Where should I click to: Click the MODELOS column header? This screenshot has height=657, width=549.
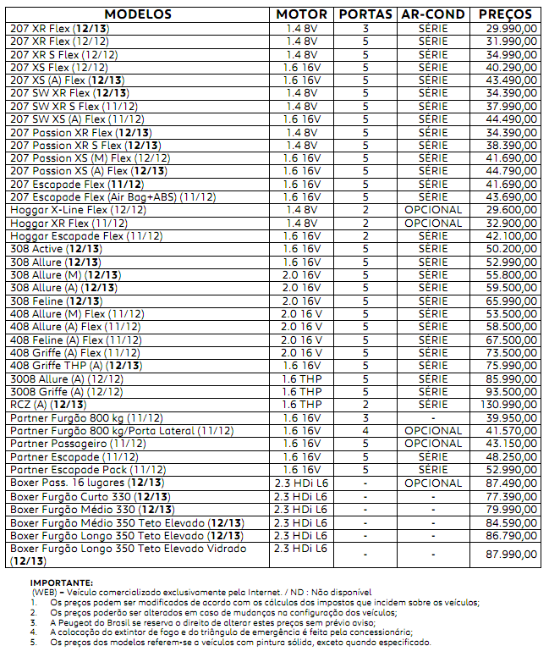coord(140,14)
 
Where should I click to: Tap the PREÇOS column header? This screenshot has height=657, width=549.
coord(505,14)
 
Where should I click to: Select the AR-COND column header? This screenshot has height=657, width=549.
coord(433,14)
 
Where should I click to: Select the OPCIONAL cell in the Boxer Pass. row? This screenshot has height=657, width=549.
coord(433,483)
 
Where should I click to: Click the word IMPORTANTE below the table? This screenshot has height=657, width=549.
coord(62,582)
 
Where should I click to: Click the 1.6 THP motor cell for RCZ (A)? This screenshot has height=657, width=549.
coord(302,405)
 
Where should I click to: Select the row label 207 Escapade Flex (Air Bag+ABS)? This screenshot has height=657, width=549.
coord(113,196)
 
